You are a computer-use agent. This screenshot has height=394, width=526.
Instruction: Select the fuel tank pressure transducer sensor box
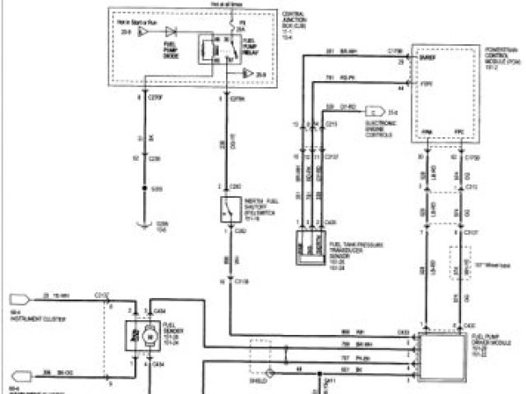pos(309,246)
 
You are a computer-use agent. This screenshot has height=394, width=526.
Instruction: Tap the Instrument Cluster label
pos(30,315)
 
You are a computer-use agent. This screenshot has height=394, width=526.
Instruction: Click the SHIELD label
pos(260,381)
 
